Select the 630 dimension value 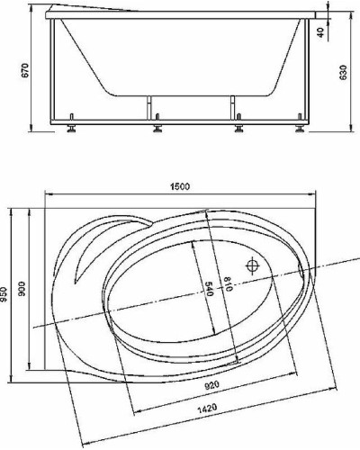tap(346, 71)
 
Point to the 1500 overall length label tap(179, 186)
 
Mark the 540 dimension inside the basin tap(209, 292)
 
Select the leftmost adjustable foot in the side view tap(71, 129)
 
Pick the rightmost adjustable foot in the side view tap(295, 129)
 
